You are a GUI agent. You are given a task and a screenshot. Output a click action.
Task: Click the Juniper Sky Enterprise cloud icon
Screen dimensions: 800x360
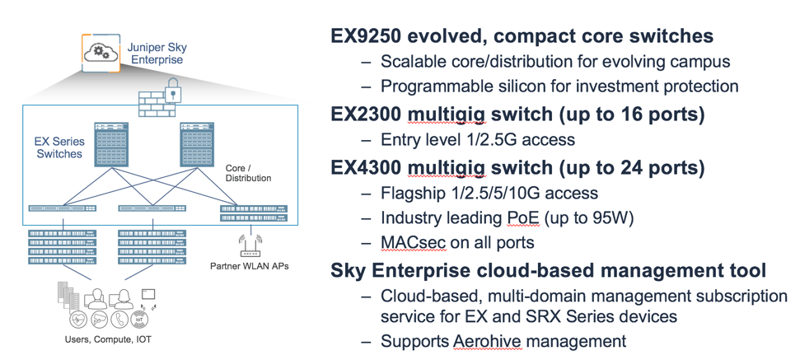[x=101, y=53]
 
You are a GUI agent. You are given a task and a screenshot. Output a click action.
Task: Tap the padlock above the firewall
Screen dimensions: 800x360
[x=174, y=91]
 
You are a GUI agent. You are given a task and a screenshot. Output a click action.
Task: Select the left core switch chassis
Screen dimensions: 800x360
[x=110, y=144]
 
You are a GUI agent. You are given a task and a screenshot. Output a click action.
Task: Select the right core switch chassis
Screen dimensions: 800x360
[x=196, y=144]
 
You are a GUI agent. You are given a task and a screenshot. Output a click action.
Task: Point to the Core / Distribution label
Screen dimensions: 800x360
[x=248, y=173]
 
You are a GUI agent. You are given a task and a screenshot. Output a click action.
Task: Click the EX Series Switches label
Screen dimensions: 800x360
[x=59, y=147]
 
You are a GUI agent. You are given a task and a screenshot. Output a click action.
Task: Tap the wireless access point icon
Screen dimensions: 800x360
[x=250, y=246]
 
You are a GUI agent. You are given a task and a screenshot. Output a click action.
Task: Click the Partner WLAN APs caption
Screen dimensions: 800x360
[x=250, y=265]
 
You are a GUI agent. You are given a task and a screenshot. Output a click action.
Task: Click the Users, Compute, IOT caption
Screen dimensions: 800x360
[x=108, y=339]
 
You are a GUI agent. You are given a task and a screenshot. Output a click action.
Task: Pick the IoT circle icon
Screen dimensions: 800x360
[x=139, y=320]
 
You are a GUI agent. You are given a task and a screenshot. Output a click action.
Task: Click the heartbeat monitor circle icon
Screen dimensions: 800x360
[x=77, y=320]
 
